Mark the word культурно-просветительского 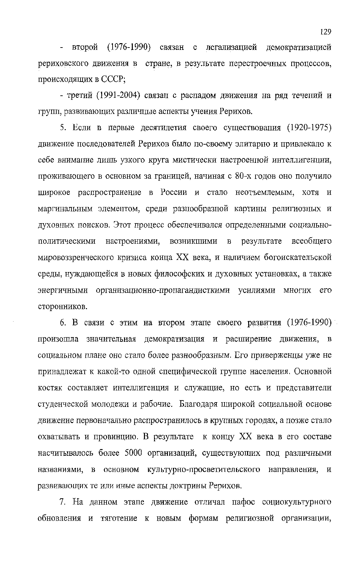click(x=204, y=469)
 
